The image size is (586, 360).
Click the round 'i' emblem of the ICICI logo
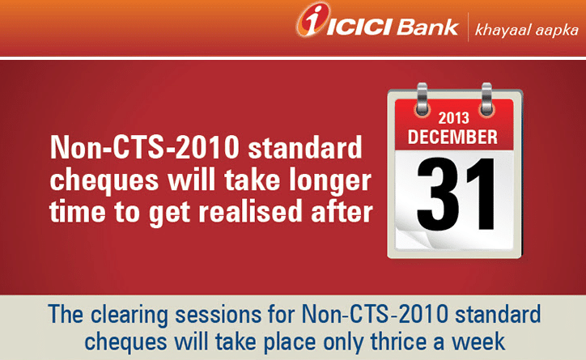pos(312,19)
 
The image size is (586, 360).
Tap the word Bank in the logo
pos(427,28)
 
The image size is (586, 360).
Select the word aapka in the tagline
pos(557,31)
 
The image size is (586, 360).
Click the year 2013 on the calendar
pos(453,118)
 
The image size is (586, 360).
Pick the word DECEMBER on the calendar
pos(452,137)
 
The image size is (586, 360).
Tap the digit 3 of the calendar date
pos(435,194)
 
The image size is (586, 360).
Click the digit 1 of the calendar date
pos(479,194)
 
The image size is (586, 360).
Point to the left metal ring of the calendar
pos(422,99)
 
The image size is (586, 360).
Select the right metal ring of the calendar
pos(486,99)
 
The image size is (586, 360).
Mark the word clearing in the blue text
pos(130,316)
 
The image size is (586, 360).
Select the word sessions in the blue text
pos(219,315)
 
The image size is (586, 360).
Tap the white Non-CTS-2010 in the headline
pos(144,147)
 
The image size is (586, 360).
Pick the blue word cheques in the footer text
pos(125,343)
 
